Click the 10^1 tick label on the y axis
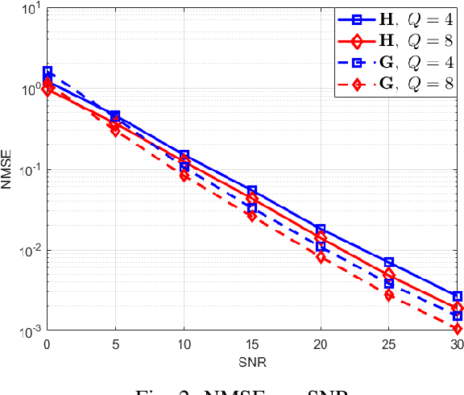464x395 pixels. point(26,10)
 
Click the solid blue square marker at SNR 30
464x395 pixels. point(457,297)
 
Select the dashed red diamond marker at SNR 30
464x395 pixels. point(457,329)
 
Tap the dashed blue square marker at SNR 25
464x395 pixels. point(389,284)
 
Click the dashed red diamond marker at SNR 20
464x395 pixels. point(321,258)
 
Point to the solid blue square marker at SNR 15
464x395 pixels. point(252,191)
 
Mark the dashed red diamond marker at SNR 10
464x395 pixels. point(184,176)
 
